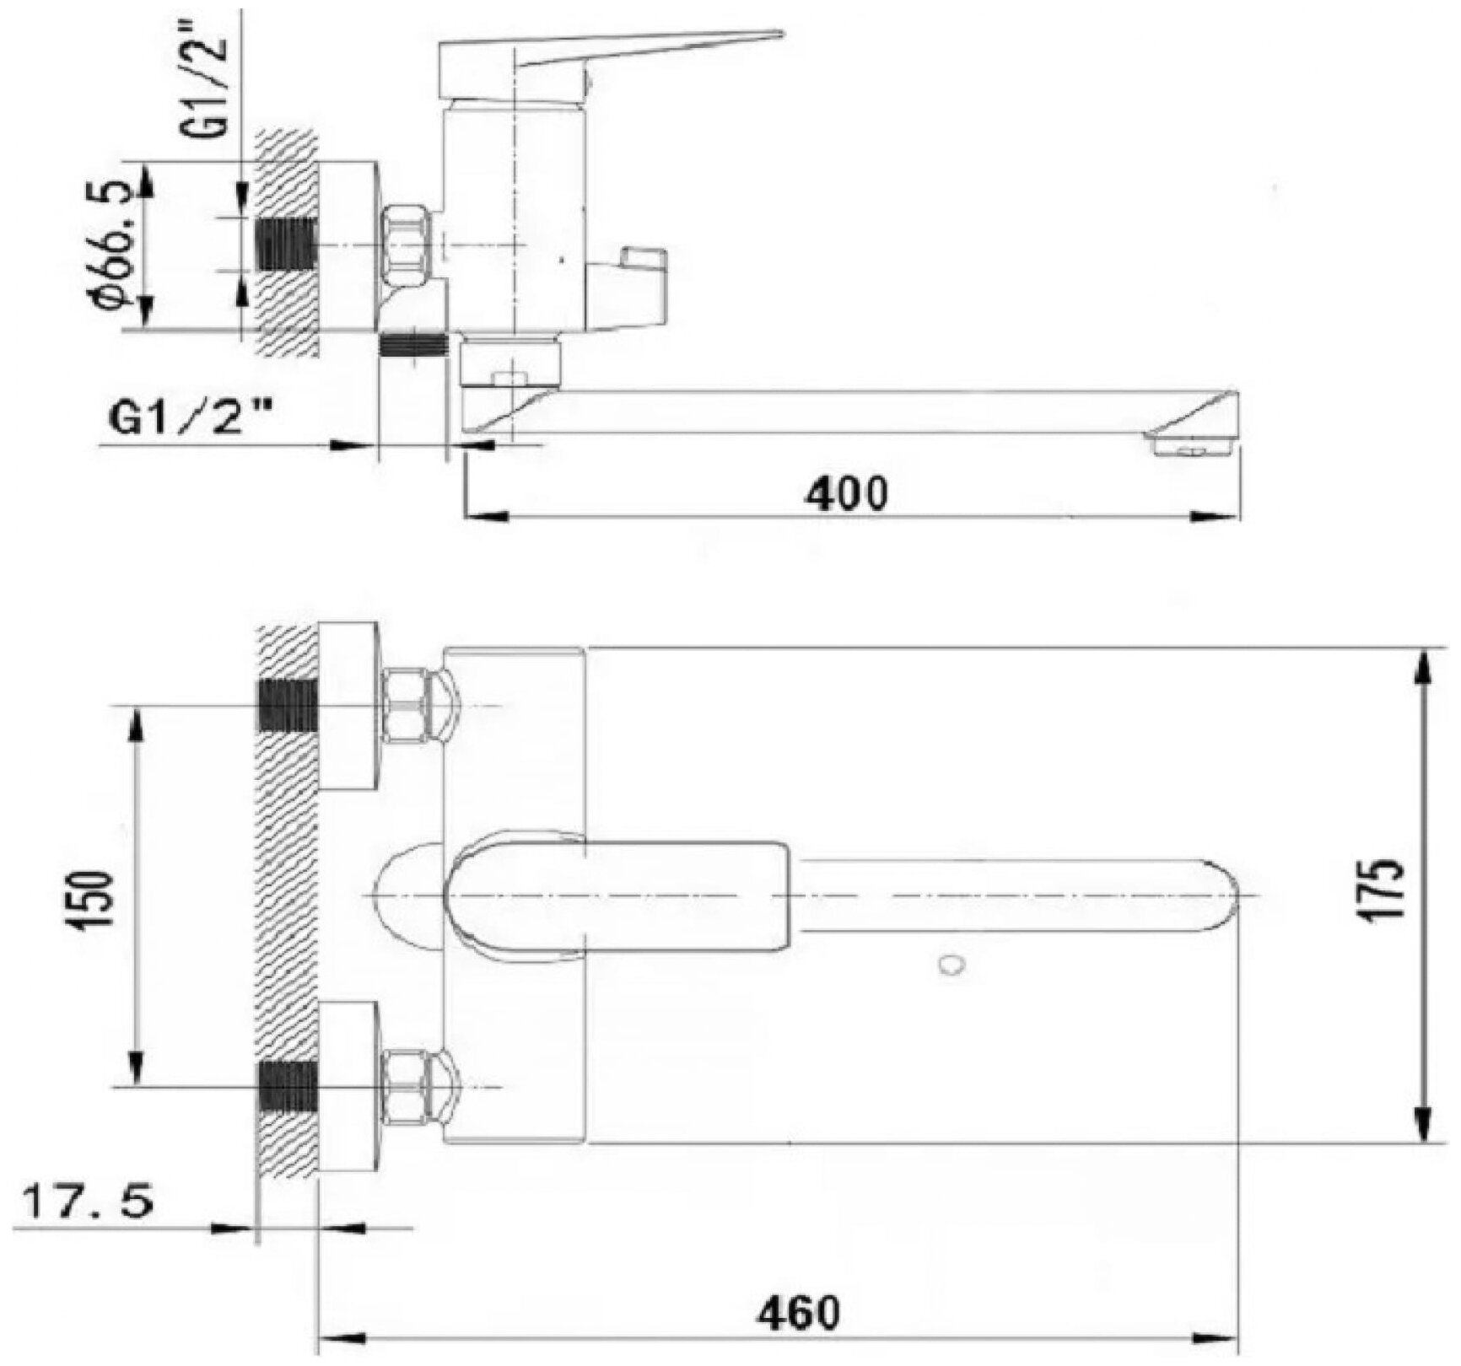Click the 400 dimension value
pos(847,493)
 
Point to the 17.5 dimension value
pos(88,1201)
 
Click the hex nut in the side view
pos(406,245)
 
